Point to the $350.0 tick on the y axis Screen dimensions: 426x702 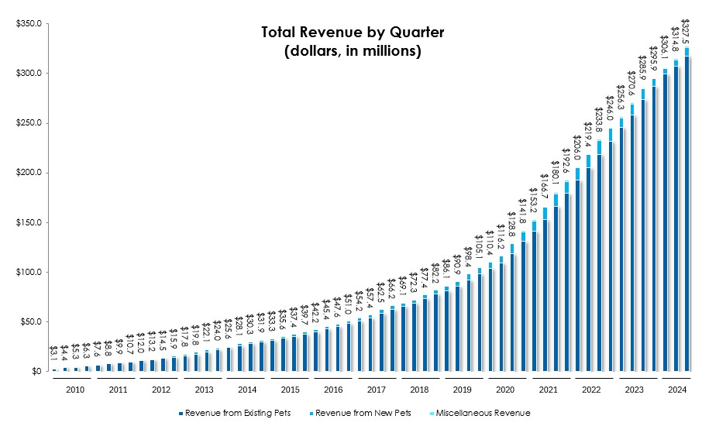[x=28, y=24]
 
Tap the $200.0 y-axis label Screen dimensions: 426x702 [x=28, y=173]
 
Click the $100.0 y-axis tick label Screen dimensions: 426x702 [x=28, y=273]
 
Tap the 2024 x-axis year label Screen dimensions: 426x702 [x=675, y=390]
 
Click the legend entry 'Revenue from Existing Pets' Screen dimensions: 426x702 [x=233, y=413]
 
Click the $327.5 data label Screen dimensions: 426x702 [x=686, y=29]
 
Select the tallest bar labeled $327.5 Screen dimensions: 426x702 [x=687, y=209]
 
